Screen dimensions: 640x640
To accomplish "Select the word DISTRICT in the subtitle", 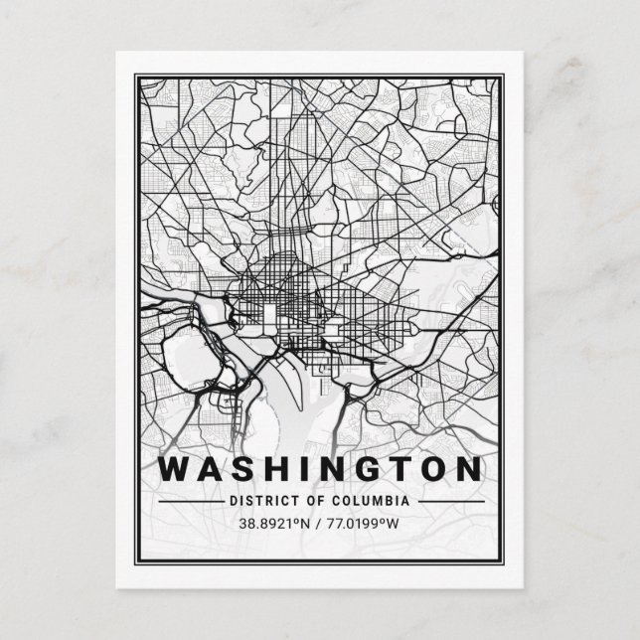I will tap(260, 501).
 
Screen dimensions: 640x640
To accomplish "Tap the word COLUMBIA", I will tap(363, 501).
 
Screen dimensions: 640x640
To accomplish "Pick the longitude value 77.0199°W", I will tap(365, 524).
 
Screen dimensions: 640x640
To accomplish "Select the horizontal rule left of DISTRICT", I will tap(189, 502).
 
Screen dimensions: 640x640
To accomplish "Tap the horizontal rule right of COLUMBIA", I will tap(448, 502).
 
